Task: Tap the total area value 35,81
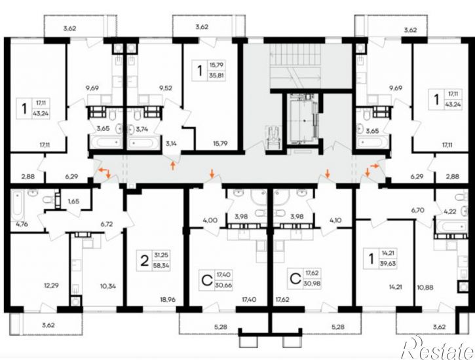(x=216, y=76)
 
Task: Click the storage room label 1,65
(x=73, y=201)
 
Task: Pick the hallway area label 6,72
(x=107, y=224)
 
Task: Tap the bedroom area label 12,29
(x=50, y=285)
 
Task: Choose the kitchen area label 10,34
(x=107, y=286)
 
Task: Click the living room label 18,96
(x=168, y=300)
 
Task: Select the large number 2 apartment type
(x=145, y=261)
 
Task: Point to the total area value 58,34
(x=162, y=266)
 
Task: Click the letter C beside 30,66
(x=207, y=280)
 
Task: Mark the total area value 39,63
(x=387, y=263)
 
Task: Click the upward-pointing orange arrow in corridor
(x=173, y=166)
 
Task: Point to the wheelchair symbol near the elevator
(x=273, y=136)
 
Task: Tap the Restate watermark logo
(x=437, y=348)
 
